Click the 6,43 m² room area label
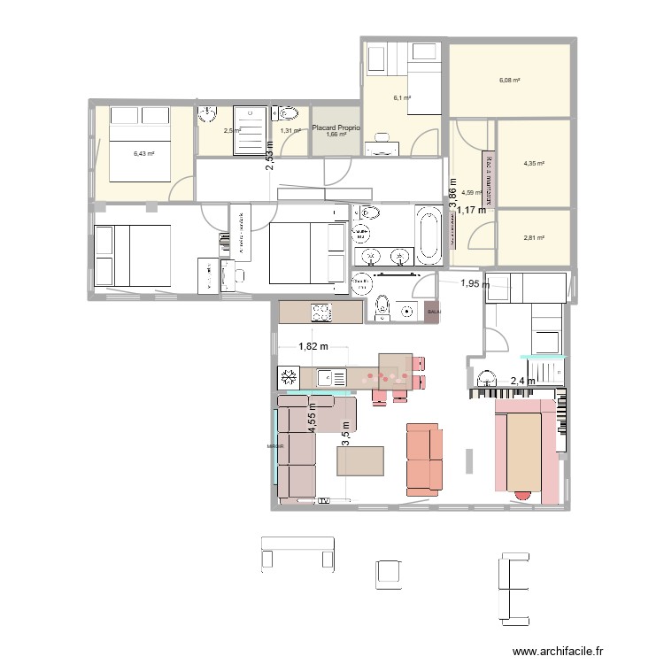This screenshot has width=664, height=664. (144, 153)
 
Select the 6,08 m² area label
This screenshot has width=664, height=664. (509, 80)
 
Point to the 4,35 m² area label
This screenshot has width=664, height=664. (534, 163)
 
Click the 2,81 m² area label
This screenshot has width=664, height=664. (534, 237)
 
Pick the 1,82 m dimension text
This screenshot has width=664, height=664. (313, 347)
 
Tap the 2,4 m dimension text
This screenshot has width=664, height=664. (522, 382)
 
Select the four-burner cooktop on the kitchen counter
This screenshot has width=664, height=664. (319, 312)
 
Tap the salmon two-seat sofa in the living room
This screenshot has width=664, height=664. (423, 458)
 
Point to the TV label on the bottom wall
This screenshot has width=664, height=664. (325, 501)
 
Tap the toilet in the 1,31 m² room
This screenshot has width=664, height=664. (287, 114)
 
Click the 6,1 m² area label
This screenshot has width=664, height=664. (402, 98)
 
